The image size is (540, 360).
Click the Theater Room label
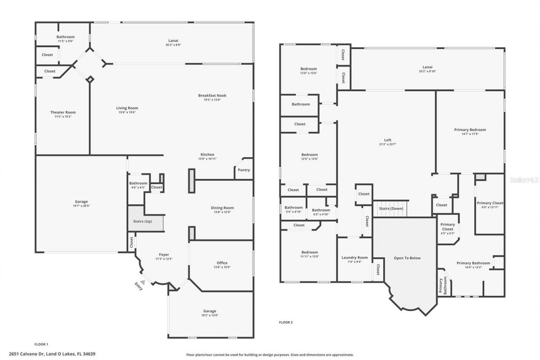pos(63,112)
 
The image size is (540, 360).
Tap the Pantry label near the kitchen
pos(244,170)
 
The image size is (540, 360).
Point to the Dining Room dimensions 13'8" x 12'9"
pos(222,212)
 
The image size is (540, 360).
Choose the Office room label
pos(222,263)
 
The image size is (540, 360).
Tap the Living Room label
pos(127,108)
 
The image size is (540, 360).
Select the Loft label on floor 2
pos(388,140)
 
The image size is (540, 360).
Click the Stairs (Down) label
pos(391,208)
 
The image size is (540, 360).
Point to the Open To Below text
pos(407,258)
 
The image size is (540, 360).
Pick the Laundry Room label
pos(354,257)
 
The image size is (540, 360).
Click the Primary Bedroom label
pos(470,130)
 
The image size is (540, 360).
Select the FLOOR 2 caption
pos(286,322)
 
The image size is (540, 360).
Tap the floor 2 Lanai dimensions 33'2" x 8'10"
pos(427,71)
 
